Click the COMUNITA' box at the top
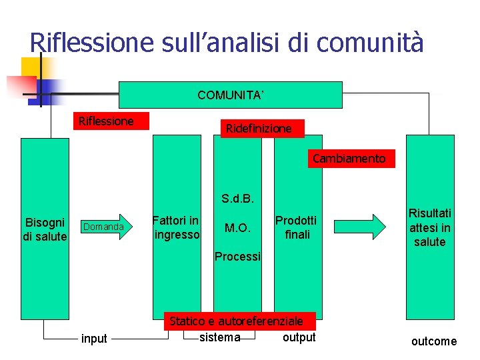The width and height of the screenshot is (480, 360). click(231, 95)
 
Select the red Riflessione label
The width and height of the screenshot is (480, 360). click(107, 121)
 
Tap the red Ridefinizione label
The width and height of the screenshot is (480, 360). click(259, 129)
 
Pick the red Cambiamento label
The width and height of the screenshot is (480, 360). click(349, 159)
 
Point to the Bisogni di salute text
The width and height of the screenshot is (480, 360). click(45, 229)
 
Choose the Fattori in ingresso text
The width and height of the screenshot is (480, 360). click(176, 227)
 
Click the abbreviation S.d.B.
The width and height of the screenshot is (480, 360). click(238, 198)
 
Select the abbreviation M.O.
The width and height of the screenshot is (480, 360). click(237, 228)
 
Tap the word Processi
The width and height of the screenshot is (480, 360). click(238, 257)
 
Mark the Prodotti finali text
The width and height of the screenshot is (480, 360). click(296, 227)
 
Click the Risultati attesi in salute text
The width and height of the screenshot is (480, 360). click(430, 227)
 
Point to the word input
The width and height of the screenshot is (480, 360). click(94, 339)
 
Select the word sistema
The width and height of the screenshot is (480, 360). click(220, 337)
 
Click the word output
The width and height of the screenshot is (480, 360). click(299, 337)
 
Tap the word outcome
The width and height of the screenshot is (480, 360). click(434, 341)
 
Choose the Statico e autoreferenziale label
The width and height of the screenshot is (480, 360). click(236, 321)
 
